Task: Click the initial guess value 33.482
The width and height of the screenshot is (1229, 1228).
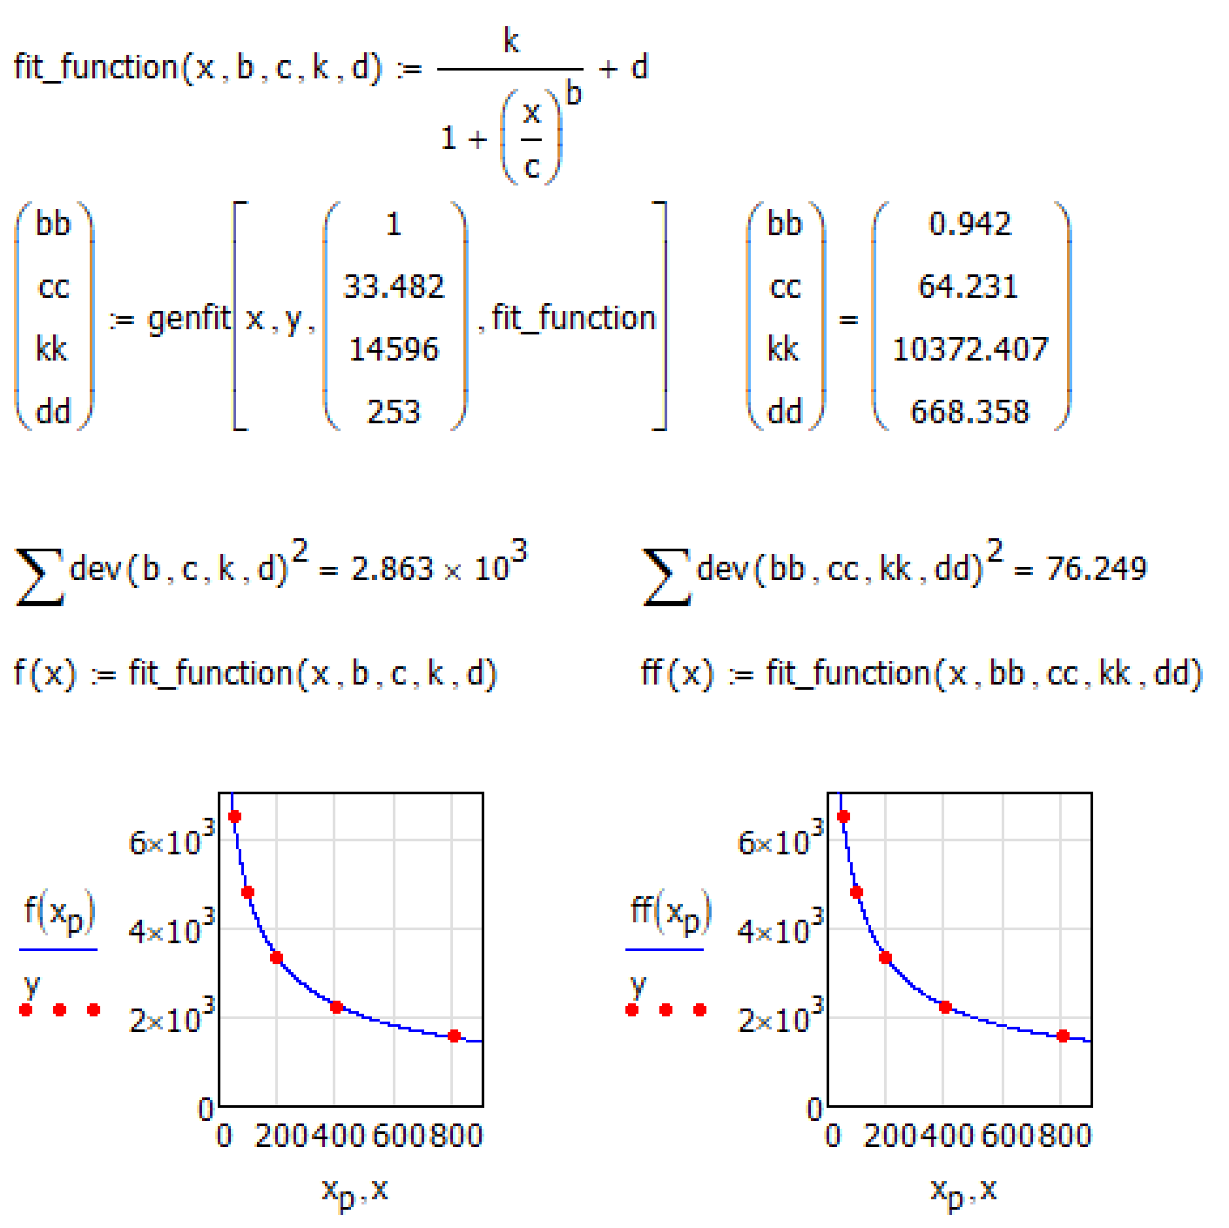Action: [394, 287]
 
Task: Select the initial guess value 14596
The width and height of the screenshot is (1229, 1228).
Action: [394, 349]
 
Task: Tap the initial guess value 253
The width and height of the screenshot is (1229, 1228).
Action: [394, 411]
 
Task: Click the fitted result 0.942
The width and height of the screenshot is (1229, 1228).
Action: [970, 224]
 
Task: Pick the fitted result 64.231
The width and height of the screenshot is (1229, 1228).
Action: [969, 287]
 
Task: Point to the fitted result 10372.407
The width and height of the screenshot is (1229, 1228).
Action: [970, 349]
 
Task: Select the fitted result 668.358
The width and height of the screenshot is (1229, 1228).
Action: [970, 411]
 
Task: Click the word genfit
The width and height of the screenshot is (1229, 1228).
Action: [189, 319]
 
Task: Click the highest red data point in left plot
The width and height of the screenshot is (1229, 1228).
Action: [234, 817]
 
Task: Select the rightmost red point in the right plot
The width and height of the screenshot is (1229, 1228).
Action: [1063, 1036]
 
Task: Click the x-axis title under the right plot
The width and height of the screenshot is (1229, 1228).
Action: [963, 1191]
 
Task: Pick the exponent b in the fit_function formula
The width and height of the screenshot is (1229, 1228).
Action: [573, 92]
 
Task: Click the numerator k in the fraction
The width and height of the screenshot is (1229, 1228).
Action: [511, 41]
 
